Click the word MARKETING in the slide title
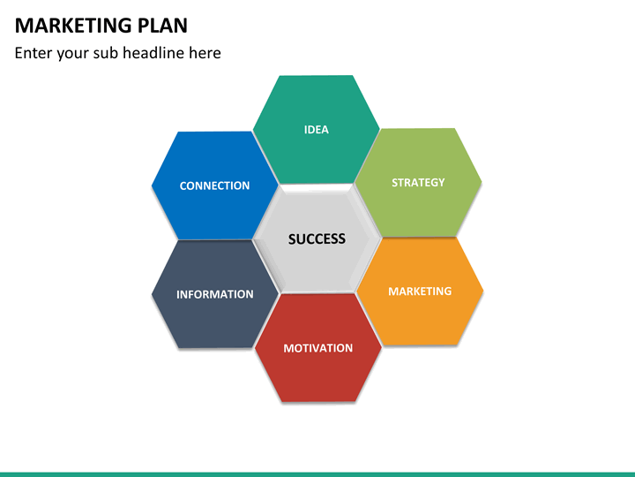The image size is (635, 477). click(x=74, y=26)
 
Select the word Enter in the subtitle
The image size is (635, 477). click(x=34, y=53)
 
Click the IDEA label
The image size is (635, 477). click(x=317, y=130)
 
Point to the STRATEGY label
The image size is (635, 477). click(x=418, y=183)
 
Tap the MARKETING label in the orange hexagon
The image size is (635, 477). click(x=420, y=291)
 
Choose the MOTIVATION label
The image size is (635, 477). click(x=317, y=348)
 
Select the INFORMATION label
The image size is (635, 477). click(x=214, y=294)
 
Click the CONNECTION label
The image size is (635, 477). click(x=214, y=185)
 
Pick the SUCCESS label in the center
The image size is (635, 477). click(x=317, y=238)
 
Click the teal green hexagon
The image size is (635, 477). click(x=317, y=129)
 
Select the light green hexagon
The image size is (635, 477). click(x=418, y=183)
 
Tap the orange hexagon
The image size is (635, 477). click(x=420, y=291)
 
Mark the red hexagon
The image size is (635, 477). click(x=317, y=348)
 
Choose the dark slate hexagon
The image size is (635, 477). click(x=215, y=294)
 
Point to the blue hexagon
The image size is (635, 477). click(x=215, y=185)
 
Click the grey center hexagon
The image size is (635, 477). click(x=317, y=238)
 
